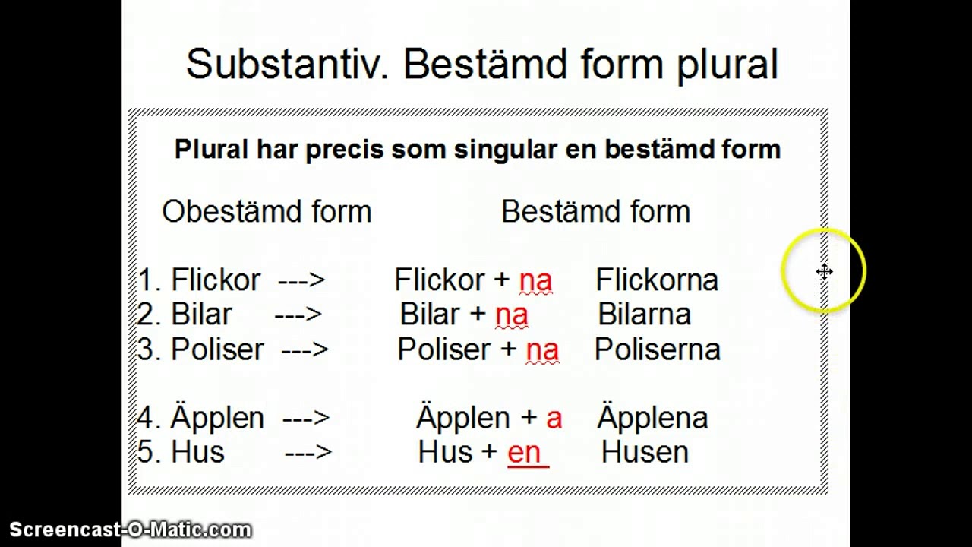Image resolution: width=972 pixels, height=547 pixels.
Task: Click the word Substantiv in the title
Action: [x=287, y=64]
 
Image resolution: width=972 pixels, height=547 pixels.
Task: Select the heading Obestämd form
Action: [x=267, y=211]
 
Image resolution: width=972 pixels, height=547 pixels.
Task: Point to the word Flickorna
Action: [x=657, y=280]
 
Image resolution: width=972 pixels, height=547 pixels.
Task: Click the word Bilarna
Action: [x=645, y=314]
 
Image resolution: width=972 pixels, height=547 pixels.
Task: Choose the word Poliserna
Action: [x=658, y=349]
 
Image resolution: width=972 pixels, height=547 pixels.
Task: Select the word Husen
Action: [x=645, y=452]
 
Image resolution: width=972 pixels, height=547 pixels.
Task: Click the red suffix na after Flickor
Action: [x=535, y=282]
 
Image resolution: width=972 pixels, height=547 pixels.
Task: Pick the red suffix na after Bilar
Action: [x=512, y=316]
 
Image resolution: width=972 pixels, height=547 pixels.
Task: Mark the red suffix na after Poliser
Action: [x=542, y=351]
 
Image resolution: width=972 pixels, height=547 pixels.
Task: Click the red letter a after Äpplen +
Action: [x=554, y=419]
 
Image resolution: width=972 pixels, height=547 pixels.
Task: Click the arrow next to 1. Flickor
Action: [x=301, y=280]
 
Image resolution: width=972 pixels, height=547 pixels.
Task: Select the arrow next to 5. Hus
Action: [x=308, y=453]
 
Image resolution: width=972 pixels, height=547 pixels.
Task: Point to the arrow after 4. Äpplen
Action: [x=306, y=419]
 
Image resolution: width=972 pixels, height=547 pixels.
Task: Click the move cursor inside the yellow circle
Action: [x=824, y=272]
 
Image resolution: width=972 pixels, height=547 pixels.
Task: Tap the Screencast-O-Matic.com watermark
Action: [x=130, y=530]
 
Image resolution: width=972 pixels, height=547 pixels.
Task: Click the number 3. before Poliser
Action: [x=150, y=349]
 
